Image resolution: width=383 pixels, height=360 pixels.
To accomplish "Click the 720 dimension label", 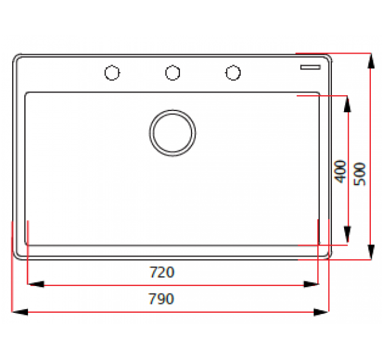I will point(161,273).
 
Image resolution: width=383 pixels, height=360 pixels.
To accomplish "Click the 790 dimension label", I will point(161,299).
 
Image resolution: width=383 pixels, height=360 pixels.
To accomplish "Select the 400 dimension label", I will point(340,171).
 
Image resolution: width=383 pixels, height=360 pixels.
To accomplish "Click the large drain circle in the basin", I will point(172,133).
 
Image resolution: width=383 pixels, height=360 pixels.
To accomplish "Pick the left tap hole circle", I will point(112,73).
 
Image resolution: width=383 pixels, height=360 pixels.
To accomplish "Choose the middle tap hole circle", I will point(172,73).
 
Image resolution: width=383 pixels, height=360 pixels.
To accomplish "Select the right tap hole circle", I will point(233,73).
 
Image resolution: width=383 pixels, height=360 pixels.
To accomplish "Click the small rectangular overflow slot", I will point(312,66).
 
